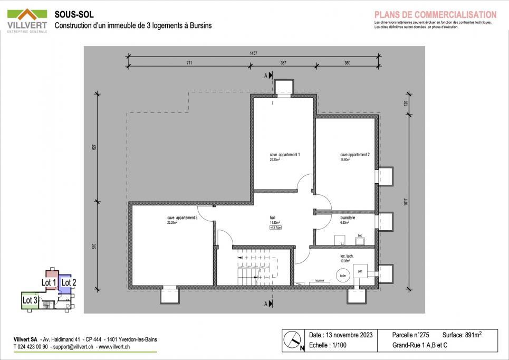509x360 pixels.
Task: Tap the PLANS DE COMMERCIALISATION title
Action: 435,15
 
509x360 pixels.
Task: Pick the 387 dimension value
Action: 283,63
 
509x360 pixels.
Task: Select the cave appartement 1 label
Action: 284,155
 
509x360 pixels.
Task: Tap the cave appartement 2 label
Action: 354,155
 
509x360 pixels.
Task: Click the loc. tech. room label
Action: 347,256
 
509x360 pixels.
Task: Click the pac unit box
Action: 360,271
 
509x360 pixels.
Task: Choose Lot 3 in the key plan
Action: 30,300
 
